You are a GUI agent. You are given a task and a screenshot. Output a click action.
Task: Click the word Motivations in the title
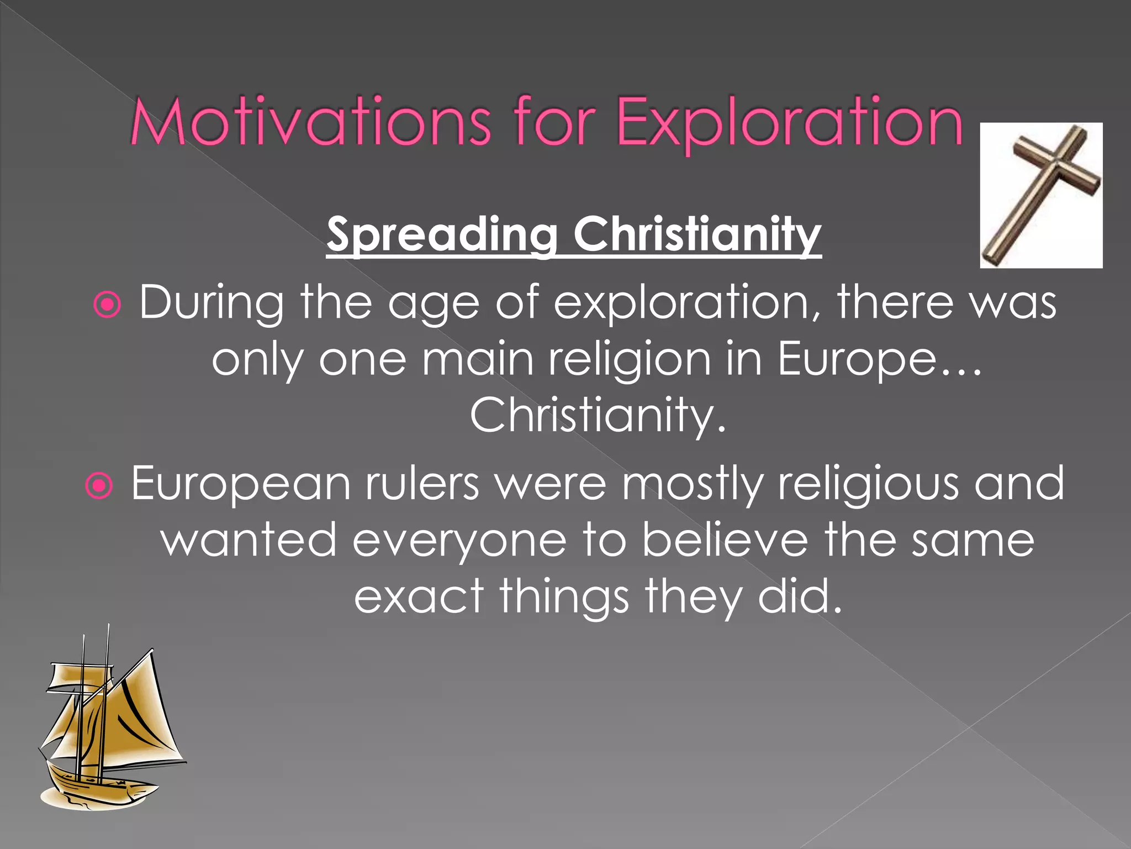coord(309,122)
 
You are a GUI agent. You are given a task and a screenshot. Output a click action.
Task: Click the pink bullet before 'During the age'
coord(107,305)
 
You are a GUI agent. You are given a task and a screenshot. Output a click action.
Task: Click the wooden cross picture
coord(1041,195)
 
